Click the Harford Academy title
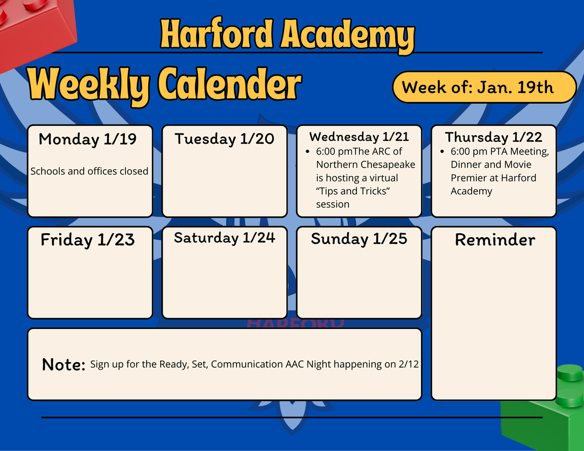coord(287,35)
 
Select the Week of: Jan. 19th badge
coord(484,87)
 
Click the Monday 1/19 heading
coord(88,139)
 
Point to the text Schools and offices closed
coord(89,171)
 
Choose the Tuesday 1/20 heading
coord(224,139)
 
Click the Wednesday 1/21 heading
coord(359,137)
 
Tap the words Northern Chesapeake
coord(366,165)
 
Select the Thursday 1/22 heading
coord(493,137)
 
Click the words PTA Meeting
coord(520,152)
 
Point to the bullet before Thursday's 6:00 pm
coord(443,152)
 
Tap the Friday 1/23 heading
coord(87,240)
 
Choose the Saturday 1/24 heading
coord(224,238)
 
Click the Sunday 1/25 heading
coord(359,239)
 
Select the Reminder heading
coord(494,240)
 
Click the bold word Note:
coord(64,364)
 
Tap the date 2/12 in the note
coord(409,364)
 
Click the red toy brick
coord(34,29)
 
